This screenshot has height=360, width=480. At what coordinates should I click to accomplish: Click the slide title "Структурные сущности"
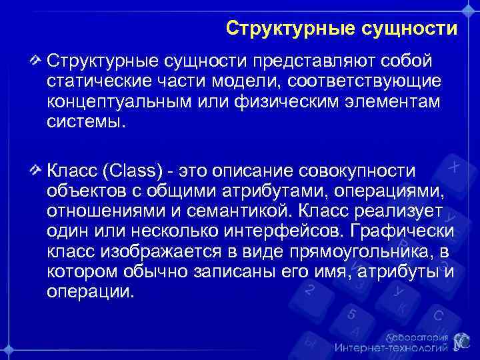341,29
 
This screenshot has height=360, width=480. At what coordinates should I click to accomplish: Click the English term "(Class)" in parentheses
133,171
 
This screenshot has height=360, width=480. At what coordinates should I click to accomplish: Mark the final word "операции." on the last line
91,293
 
